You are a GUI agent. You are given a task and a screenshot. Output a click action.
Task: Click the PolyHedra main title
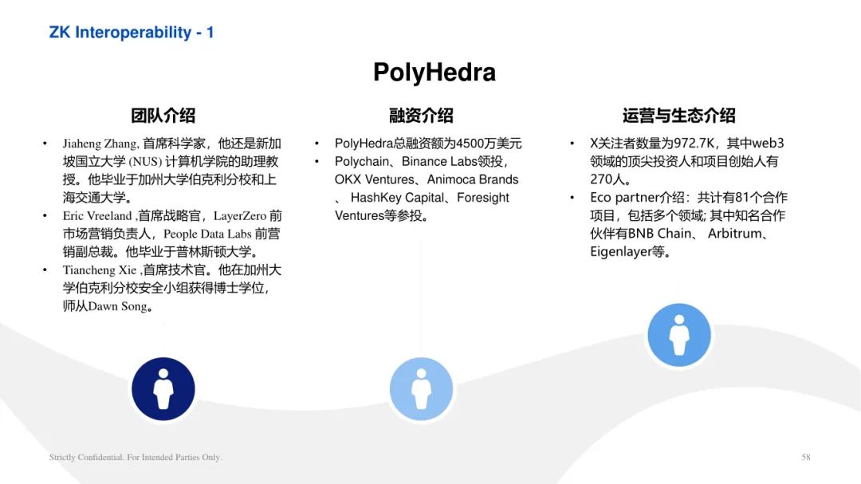coord(434,72)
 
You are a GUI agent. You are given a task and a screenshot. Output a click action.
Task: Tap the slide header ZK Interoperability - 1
coord(132,33)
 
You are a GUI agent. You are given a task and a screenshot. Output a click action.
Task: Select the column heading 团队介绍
coord(163,116)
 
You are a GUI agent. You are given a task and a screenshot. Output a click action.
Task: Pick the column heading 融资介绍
coord(421,116)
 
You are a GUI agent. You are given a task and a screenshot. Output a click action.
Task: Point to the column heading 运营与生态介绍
coord(678,116)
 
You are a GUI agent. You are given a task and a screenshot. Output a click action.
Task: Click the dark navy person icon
coord(163,389)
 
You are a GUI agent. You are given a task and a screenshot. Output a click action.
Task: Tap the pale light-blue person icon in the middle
coord(421,389)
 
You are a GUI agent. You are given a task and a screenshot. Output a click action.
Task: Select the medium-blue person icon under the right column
coord(679,335)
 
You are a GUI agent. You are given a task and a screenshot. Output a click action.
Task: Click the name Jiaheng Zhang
coord(100,144)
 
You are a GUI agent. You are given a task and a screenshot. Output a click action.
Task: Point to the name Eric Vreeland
coord(97,216)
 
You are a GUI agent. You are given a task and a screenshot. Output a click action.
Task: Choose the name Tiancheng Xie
coord(100,270)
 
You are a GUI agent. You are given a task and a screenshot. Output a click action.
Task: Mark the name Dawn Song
coord(117,306)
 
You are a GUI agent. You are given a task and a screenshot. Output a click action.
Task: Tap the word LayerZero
coord(240,216)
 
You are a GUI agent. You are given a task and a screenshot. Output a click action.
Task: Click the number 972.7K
coord(694,144)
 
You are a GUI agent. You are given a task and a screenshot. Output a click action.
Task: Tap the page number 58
coord(805,457)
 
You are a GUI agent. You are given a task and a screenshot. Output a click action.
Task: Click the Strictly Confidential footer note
coord(136,457)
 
